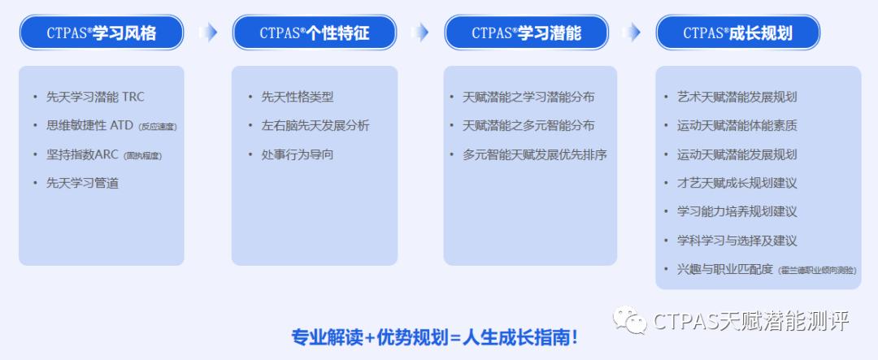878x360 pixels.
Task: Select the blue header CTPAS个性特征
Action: pyautogui.click(x=315, y=33)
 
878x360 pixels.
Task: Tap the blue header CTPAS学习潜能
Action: pyautogui.click(x=526, y=33)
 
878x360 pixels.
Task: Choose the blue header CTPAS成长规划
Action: pyautogui.click(x=737, y=33)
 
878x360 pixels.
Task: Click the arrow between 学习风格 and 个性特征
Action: pyautogui.click(x=208, y=33)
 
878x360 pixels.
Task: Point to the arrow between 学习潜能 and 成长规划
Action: pyautogui.click(x=631, y=33)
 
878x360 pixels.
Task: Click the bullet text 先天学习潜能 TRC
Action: pyautogui.click(x=94, y=98)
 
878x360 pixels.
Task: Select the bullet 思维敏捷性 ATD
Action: pyautogui.click(x=91, y=126)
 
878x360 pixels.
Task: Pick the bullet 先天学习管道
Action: pyautogui.click(x=82, y=183)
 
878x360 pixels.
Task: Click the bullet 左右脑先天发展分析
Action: pyautogui.click(x=315, y=126)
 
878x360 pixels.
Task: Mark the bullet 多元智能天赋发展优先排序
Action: pyautogui.click(x=535, y=154)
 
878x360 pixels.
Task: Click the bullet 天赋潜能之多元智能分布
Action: pyautogui.click(x=528, y=126)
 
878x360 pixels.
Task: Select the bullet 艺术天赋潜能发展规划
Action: pyautogui.click(x=737, y=98)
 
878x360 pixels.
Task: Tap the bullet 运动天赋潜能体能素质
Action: pyautogui.click(x=737, y=126)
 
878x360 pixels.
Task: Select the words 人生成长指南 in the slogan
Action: pyautogui.click(x=520, y=337)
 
